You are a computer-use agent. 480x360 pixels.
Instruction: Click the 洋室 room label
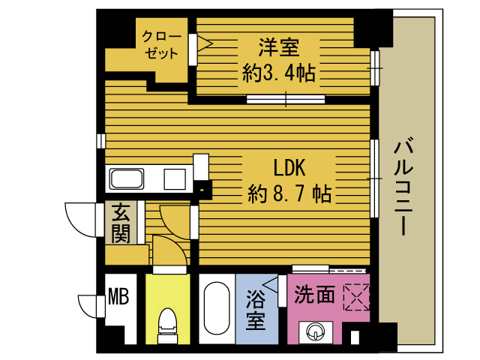(278, 47)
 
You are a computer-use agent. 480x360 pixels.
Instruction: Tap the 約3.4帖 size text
(278, 73)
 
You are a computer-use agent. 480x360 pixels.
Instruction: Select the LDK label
(289, 168)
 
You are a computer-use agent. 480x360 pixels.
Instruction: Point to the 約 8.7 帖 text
(289, 193)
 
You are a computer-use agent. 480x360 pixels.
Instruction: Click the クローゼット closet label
(161, 45)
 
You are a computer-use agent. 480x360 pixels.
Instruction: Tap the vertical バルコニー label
(404, 187)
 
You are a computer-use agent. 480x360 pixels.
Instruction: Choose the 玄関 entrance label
(121, 223)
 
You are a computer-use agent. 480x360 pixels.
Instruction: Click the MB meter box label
(118, 296)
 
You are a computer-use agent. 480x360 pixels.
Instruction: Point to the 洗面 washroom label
(314, 295)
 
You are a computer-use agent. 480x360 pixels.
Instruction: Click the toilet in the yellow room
(167, 325)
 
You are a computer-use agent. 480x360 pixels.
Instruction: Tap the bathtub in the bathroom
(217, 308)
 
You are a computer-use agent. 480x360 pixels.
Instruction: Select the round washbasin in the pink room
(316, 331)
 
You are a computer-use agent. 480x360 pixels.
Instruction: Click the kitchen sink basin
(127, 179)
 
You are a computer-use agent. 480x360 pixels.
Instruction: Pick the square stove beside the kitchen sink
(175, 179)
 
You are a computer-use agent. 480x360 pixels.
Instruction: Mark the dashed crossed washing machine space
(357, 297)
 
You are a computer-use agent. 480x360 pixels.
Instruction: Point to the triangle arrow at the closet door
(205, 43)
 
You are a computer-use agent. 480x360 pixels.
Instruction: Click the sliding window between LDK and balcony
(374, 178)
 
